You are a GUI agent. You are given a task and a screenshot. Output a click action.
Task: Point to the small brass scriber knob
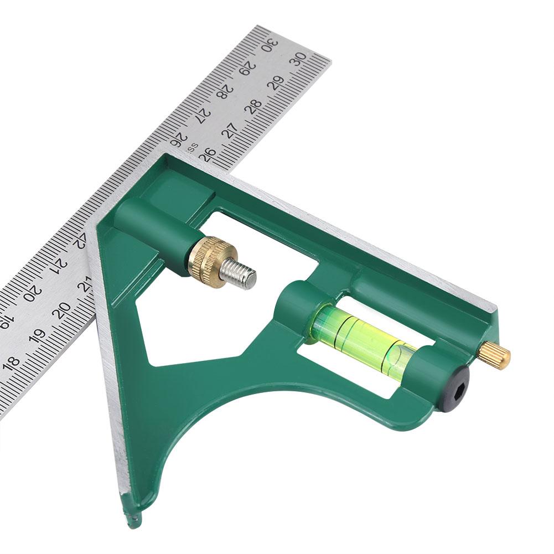[x=495, y=355]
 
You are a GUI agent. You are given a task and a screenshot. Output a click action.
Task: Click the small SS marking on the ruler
[x=193, y=147]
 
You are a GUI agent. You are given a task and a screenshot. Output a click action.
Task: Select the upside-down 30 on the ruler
[x=270, y=43]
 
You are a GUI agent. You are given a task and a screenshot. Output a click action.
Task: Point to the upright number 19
[x=37, y=336]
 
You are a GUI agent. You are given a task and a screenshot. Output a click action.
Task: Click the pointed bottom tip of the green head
[x=134, y=518]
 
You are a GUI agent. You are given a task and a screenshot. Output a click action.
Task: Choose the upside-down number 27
[x=204, y=113]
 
